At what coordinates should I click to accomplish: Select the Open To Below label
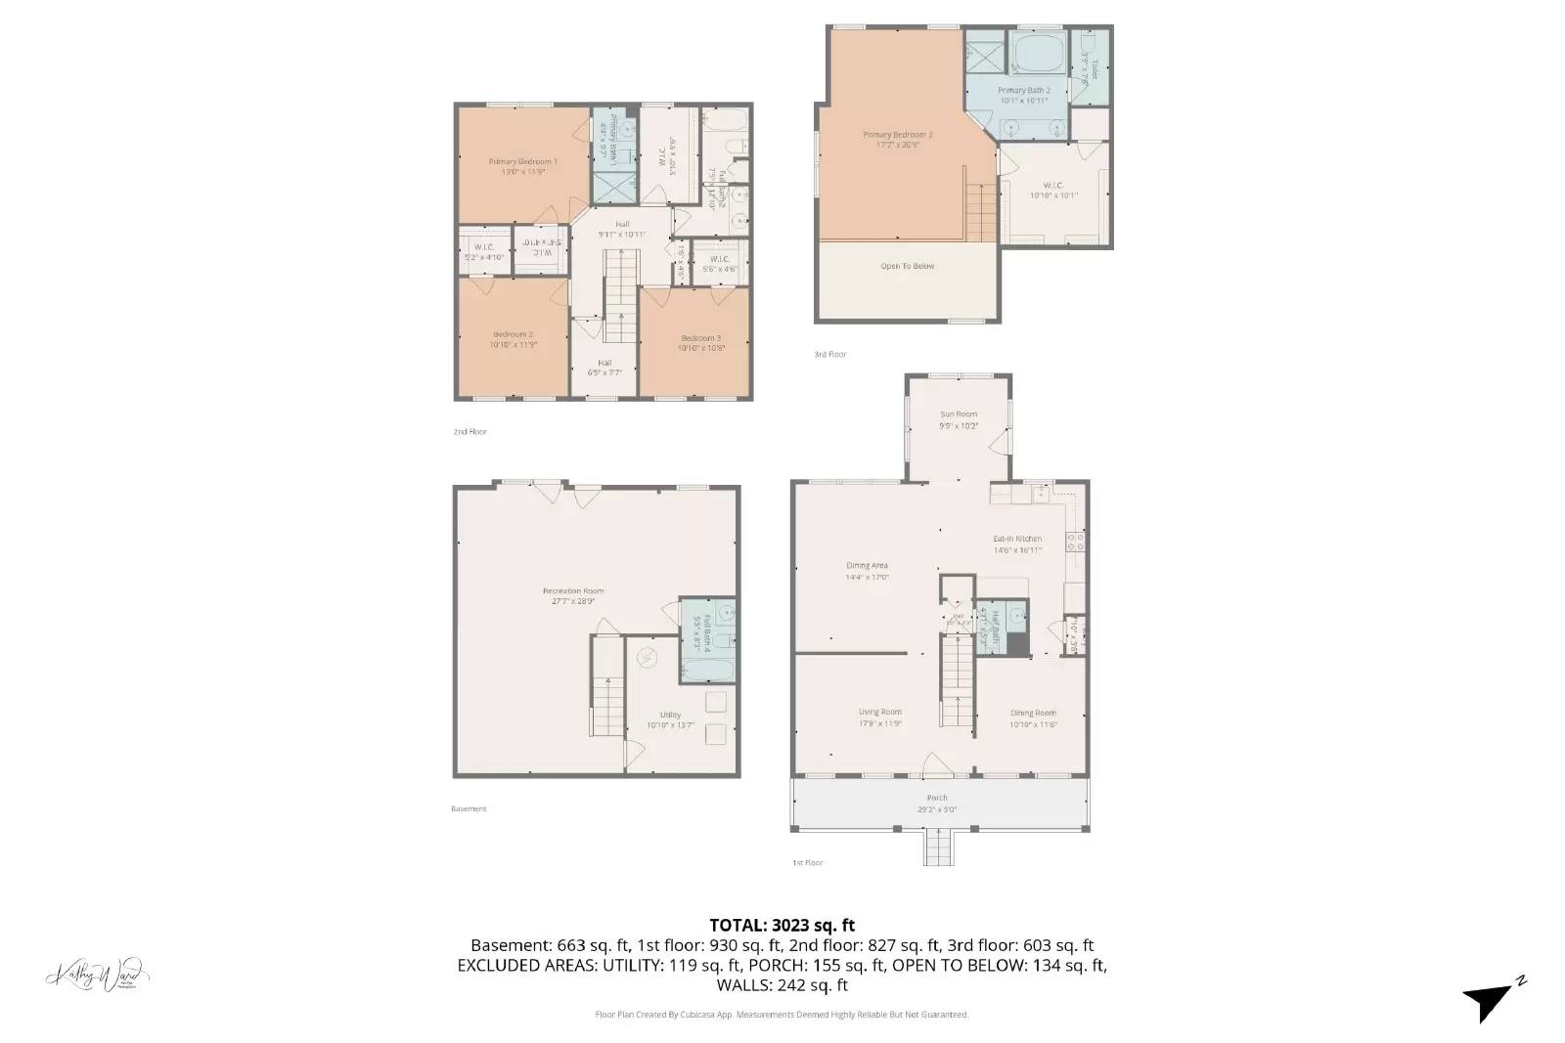pyautogui.click(x=908, y=266)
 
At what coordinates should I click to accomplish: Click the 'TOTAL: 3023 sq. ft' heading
pyautogui.click(x=782, y=924)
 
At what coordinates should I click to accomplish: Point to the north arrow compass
pyautogui.click(x=1492, y=999)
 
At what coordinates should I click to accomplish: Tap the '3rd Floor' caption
pyautogui.click(x=830, y=354)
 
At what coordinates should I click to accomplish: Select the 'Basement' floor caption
pyautogui.click(x=469, y=808)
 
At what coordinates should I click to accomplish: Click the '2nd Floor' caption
pyautogui.click(x=469, y=431)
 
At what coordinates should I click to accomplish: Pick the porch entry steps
pyautogui.click(x=937, y=847)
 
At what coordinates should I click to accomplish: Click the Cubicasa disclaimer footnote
pyautogui.click(x=782, y=1015)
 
